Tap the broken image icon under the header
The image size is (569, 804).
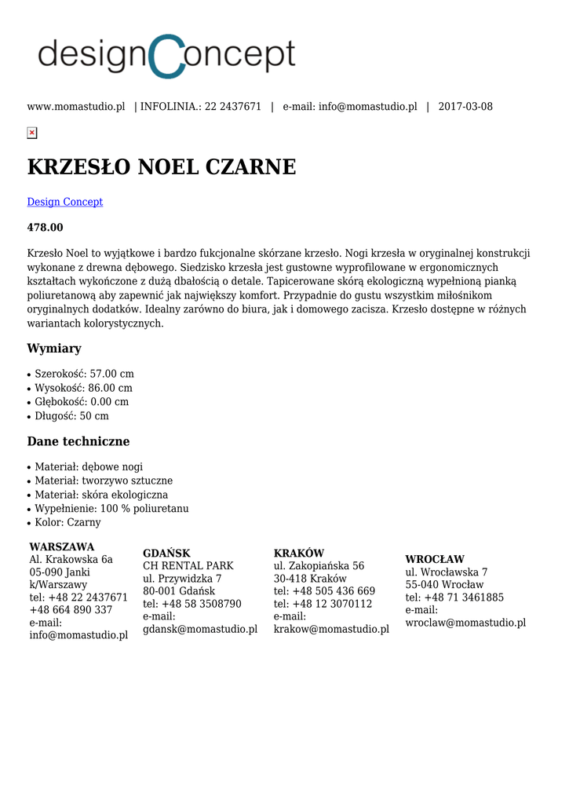coord(32,133)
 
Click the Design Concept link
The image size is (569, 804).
coord(65,202)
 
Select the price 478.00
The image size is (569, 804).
coord(46,228)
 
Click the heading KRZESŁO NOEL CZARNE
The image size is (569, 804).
coord(162,167)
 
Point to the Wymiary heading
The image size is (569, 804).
coord(54,349)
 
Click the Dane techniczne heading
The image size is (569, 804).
coord(78,441)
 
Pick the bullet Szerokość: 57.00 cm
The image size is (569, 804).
coord(84,374)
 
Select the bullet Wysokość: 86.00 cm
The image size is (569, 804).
coord(83,388)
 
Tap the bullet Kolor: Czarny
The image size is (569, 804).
coord(67,522)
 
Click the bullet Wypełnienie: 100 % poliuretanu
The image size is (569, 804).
coord(111,509)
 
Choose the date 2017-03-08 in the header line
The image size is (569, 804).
coord(465,107)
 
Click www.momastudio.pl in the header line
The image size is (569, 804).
coord(76,107)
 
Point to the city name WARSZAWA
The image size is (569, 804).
coord(62,546)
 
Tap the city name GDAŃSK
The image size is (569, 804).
coord(166,554)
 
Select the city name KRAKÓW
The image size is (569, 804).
coord(299,554)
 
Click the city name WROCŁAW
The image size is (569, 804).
coord(435,560)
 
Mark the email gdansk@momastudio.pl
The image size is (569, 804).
coord(200,629)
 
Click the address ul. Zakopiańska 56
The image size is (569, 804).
coord(319,566)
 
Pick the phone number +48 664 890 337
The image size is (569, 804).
coord(71,610)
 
